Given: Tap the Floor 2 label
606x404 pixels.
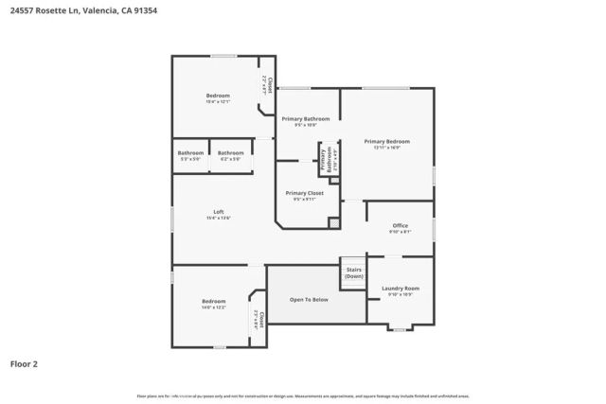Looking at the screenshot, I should (25, 362).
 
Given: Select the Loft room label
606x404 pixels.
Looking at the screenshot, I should (219, 212).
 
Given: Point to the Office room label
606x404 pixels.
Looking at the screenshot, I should (400, 225).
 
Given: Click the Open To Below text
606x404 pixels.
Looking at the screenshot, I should (309, 299).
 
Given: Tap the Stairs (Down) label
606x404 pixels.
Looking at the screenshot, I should (353, 272).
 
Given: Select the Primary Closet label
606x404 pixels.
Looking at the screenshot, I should (305, 193).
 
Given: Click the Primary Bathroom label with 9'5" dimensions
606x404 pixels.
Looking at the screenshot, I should (305, 119).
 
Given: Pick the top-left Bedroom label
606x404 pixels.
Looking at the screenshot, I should (218, 96).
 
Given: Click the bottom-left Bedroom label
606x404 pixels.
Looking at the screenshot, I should (213, 301).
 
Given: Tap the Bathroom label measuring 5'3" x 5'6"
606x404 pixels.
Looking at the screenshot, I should (190, 153).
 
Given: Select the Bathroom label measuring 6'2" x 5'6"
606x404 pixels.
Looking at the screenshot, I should (230, 153).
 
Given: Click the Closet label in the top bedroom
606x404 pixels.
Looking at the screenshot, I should (269, 86).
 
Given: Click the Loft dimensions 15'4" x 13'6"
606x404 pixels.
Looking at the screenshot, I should (219, 219).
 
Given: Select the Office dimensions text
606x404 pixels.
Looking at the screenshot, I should (400, 232).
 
